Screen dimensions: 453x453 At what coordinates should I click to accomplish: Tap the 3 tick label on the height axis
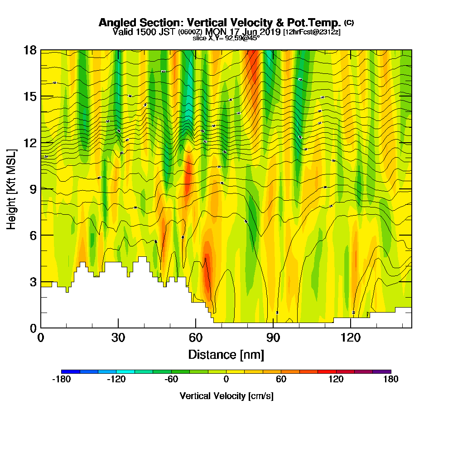[x=33, y=281]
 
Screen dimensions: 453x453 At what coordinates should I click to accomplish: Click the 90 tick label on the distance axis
[x=273, y=337]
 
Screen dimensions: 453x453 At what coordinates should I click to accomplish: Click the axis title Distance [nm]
[x=226, y=354]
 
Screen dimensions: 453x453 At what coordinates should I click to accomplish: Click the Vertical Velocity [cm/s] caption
[x=226, y=396]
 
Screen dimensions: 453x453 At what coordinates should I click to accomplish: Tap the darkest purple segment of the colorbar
[x=381, y=371]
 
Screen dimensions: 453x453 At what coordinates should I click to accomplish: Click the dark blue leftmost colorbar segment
[x=71, y=371]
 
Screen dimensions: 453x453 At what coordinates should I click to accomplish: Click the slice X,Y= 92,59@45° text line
[x=226, y=38]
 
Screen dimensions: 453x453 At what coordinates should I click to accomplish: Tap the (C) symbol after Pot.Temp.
[x=349, y=22]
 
